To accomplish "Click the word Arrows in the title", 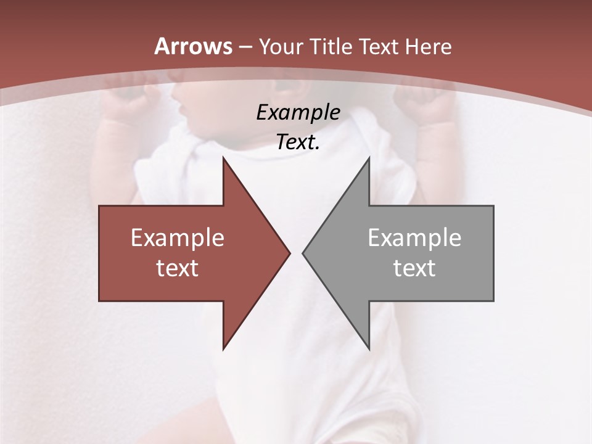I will (x=194, y=46).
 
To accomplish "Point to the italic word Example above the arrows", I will (x=298, y=112).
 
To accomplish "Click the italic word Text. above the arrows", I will (x=298, y=142).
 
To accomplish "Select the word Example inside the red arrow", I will (x=178, y=237).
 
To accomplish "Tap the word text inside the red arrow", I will (x=178, y=268).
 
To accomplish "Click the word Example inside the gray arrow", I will (x=414, y=237).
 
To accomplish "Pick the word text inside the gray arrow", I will (x=414, y=268).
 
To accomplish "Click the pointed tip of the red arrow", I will (x=289, y=252).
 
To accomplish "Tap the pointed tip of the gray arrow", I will (x=303, y=252).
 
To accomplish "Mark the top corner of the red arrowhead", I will (x=224, y=158).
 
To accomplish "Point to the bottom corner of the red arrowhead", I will (x=224, y=348).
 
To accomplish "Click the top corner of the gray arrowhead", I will (x=369, y=158).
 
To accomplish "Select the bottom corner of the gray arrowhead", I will (x=369, y=348).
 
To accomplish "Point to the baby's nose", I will (x=181, y=109).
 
